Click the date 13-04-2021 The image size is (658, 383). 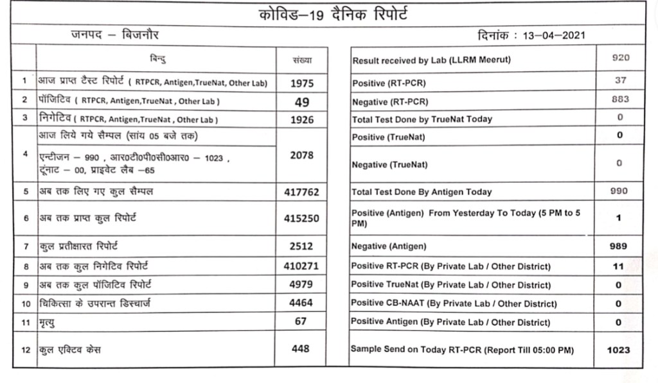(553, 36)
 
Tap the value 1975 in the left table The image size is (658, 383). (301, 83)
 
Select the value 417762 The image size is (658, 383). (301, 192)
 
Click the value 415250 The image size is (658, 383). (301, 218)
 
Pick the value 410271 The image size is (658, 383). (301, 266)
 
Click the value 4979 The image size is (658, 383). (301, 284)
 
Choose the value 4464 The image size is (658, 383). (301, 303)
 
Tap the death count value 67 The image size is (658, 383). (301, 321)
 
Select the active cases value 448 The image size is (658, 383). (300, 348)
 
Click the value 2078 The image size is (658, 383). (301, 155)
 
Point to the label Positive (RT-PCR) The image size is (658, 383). (389, 83)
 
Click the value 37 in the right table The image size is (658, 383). (620, 81)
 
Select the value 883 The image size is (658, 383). (620, 99)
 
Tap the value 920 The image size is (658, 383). (620, 58)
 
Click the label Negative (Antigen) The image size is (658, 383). (389, 246)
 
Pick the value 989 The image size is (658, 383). (619, 246)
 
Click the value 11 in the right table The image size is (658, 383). (619, 266)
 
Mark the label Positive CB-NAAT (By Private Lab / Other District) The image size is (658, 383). (454, 303)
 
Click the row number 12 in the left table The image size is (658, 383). (25, 349)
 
